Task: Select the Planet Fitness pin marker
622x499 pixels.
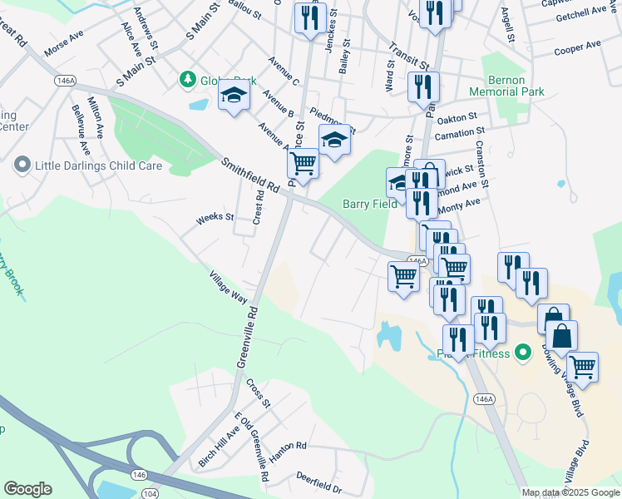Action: click(x=523, y=353)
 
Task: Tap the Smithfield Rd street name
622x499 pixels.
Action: click(x=249, y=175)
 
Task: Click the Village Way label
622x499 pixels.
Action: click(x=228, y=287)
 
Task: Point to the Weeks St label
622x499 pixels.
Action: click(x=215, y=219)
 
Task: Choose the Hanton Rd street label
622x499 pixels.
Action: click(x=287, y=447)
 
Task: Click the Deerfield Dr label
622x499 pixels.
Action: click(x=319, y=482)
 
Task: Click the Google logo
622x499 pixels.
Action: click(x=27, y=489)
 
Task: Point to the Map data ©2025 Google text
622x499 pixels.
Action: click(x=570, y=492)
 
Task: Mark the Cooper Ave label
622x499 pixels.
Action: click(x=577, y=47)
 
